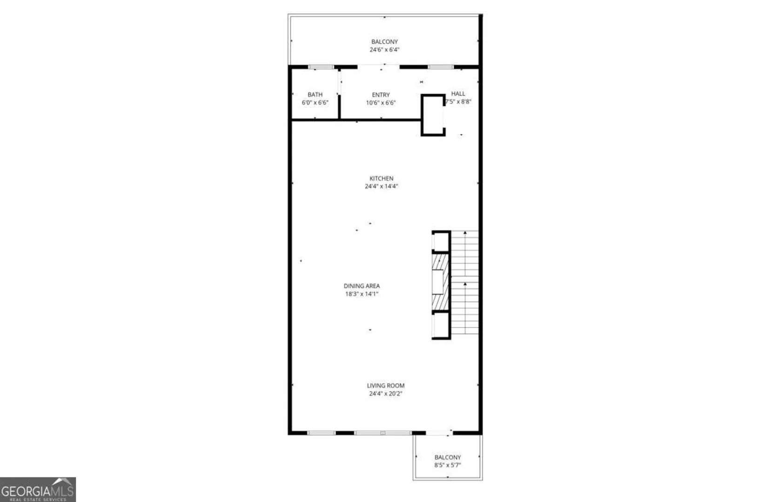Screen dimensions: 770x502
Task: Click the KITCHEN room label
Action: [381, 178]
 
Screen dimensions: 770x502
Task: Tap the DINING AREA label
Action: [362, 286]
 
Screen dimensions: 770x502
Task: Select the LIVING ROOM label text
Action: [385, 386]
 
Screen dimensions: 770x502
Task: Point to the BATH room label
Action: [315, 94]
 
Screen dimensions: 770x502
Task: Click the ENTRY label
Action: [381, 95]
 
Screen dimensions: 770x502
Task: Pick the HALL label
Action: [458, 94]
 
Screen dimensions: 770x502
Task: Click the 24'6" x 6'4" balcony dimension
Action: [384, 50]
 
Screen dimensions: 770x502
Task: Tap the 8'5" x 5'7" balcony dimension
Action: [447, 465]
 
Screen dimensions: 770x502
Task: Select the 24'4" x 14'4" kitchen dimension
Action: [381, 186]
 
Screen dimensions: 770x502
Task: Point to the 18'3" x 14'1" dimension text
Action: [362, 294]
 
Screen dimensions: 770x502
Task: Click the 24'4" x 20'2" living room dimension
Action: [385, 394]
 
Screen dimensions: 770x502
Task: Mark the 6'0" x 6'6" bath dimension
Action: [315, 103]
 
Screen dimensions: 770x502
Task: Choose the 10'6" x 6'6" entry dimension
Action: [381, 103]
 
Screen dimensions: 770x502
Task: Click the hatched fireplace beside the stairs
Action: [441, 282]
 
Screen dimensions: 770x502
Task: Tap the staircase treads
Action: [464, 282]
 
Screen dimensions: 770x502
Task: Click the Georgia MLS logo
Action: [38, 489]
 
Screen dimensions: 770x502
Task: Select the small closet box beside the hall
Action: [433, 115]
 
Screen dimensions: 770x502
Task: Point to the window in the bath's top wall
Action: [321, 67]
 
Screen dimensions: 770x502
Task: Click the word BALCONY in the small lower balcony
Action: [447, 457]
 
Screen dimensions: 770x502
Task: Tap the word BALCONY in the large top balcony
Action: [384, 42]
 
